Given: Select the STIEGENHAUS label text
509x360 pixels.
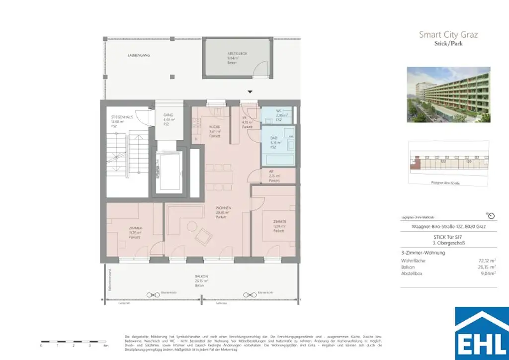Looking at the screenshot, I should [122, 117].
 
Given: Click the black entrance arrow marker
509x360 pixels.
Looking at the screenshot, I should [250, 91].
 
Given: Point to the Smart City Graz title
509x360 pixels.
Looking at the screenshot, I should [448, 35].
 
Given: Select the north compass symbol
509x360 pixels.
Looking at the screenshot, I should [491, 215].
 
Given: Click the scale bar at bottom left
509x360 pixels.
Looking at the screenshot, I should [74, 341].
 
